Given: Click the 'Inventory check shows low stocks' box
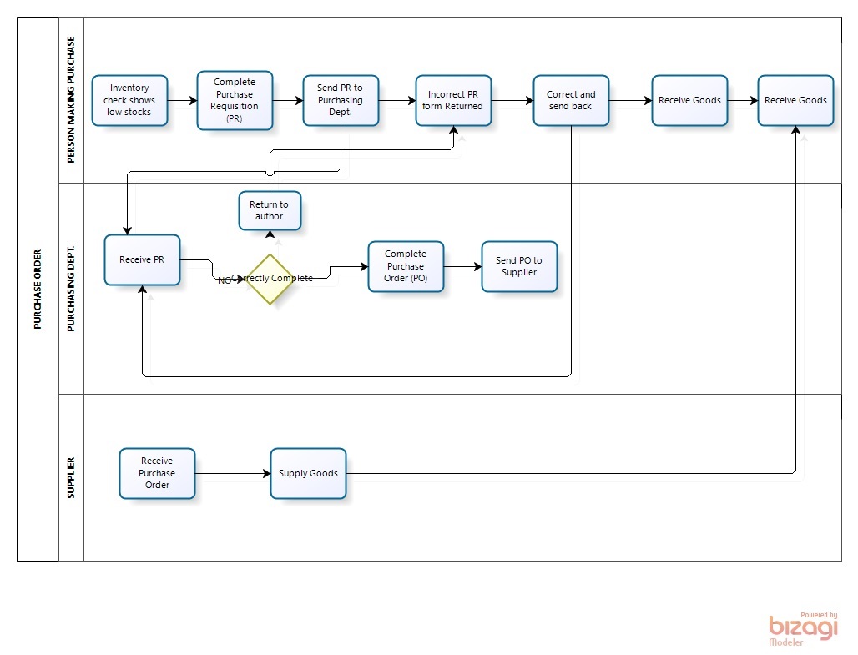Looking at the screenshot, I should pos(129,100).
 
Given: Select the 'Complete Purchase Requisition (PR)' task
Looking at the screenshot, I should pos(235,100).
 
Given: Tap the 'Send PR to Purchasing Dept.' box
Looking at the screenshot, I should pos(341,100).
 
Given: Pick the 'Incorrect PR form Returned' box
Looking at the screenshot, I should pos(453,100).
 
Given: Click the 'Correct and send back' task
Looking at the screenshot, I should pos(571,100).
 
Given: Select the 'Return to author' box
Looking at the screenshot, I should pos(270,211).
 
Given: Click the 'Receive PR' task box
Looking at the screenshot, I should pos(142,259).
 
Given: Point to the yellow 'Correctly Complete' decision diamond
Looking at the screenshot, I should pos(270,279).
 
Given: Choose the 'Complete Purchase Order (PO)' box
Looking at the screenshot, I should pos(406,266).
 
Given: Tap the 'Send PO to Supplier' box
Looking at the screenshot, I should pos(519,266).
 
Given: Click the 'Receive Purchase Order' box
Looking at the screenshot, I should pos(157,473).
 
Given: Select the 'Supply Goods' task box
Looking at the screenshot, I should pos(308,473).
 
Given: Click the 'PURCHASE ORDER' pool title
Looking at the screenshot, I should pos(38,289).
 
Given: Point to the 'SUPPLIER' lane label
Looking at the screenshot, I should pos(71,477).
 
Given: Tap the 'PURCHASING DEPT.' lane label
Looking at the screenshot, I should pos(71,289).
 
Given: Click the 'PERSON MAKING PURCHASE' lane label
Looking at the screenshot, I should pos(71,99).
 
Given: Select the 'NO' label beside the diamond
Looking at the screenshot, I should pos(224,280).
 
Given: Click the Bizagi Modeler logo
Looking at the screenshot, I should pos(802,628).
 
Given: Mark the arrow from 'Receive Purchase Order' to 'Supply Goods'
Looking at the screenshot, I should pos(232,474).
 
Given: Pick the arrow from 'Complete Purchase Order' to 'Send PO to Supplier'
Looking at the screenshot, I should pos(462,267).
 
